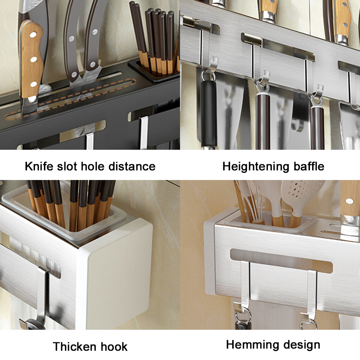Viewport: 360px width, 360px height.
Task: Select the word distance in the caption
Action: [134, 166]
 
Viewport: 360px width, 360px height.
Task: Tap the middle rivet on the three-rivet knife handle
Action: [33, 59]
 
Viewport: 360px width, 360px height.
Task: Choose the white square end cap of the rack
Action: [115, 274]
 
